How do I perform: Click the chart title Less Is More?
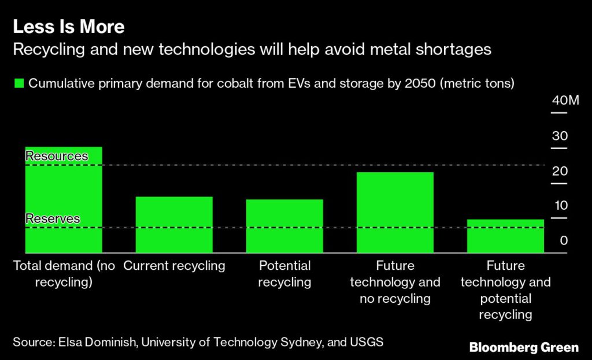click(x=69, y=27)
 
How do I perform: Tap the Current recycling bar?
click(x=174, y=225)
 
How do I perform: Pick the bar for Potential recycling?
click(x=284, y=226)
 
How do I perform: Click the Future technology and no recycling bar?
click(x=395, y=212)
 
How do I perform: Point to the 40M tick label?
click(x=565, y=101)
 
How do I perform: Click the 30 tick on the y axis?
click(x=560, y=136)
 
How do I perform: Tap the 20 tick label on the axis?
click(x=560, y=172)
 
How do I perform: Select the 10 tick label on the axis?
click(x=560, y=206)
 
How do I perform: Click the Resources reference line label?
click(x=57, y=157)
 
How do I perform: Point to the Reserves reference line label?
click(x=53, y=219)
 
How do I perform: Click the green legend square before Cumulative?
click(x=18, y=83)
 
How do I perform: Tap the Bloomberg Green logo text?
click(x=524, y=347)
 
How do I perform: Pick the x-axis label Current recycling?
click(x=174, y=266)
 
